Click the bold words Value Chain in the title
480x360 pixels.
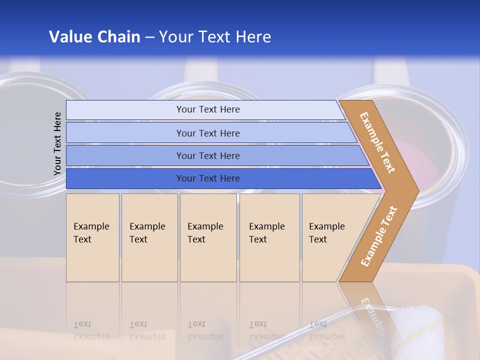point(94,37)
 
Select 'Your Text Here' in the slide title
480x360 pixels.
point(215,37)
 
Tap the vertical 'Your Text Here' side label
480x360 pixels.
point(57,143)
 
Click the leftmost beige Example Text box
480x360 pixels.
point(92,237)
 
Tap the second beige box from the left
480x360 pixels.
point(149,237)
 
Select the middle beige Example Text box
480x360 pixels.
point(208,237)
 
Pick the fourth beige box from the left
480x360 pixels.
point(269,237)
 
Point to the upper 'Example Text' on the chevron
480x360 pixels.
point(377,142)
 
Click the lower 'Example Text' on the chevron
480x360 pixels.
point(378,236)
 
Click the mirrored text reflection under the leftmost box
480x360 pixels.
point(91,330)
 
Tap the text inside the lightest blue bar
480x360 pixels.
point(208,109)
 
